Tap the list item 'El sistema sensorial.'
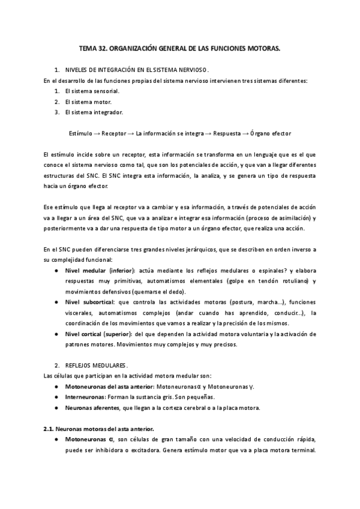[x=92, y=91]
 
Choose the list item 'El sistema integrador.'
[x=95, y=112]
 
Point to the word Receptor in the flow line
[x=114, y=132]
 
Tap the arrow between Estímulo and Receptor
[x=97, y=132]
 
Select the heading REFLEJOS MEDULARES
[x=96, y=365]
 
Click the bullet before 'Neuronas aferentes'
[x=56, y=408]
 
